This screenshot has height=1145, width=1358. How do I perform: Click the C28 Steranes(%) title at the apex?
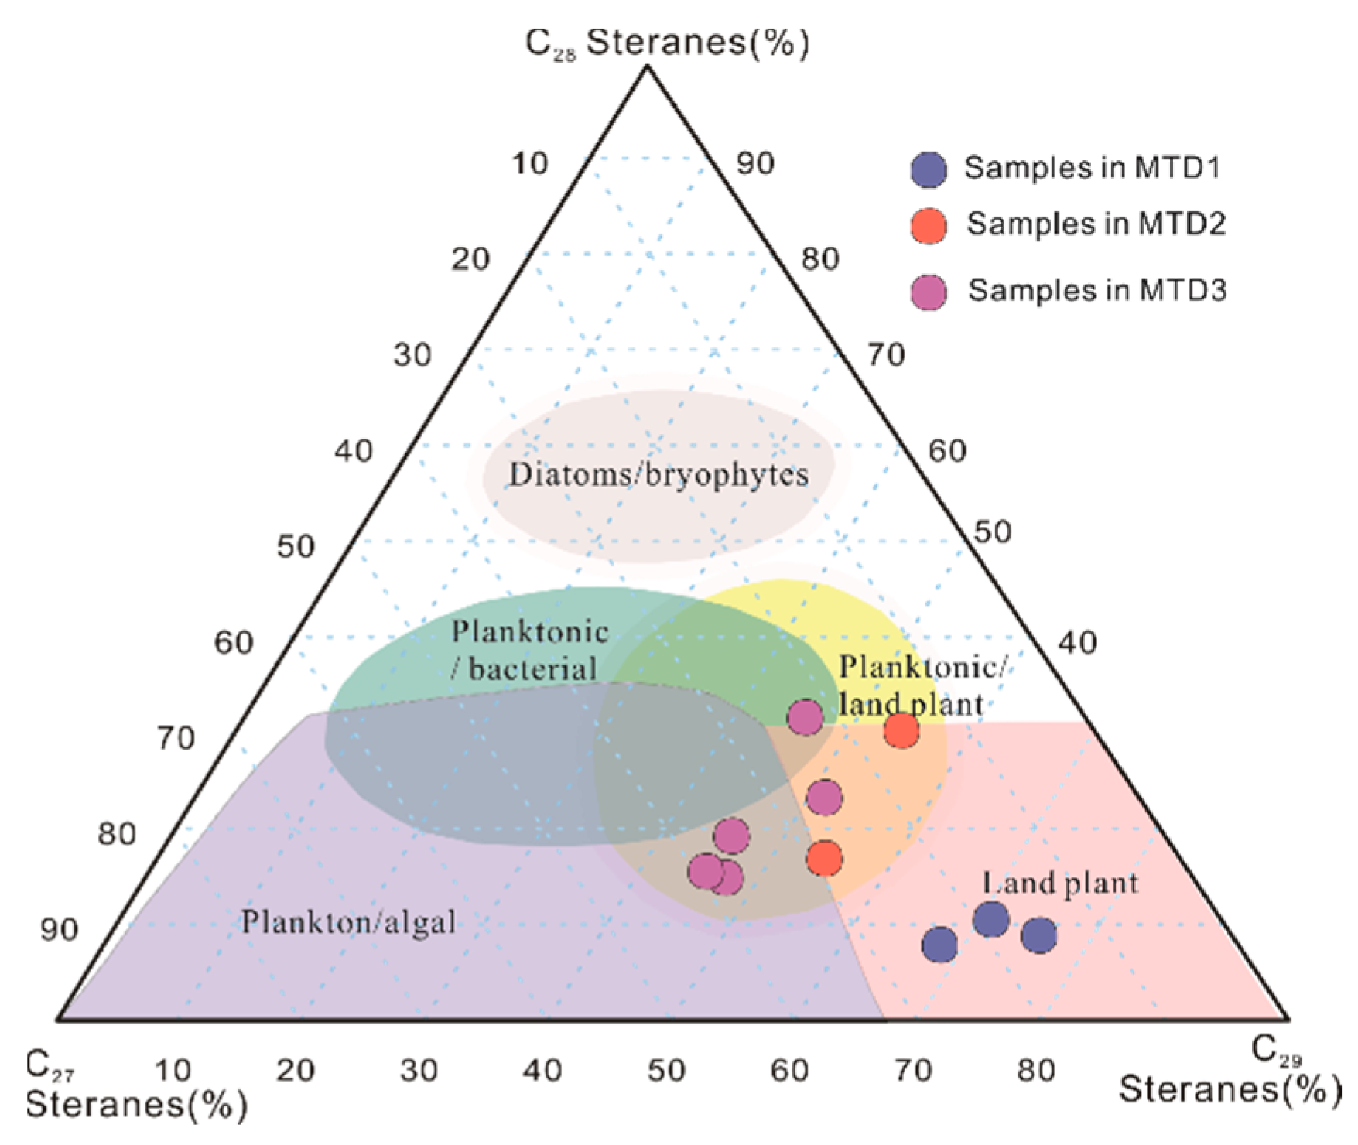[x=667, y=43]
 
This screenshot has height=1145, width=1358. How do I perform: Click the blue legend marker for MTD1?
[x=929, y=169]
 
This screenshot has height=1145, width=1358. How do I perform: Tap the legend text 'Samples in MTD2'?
[x=1096, y=224]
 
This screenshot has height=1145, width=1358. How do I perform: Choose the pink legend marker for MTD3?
[x=929, y=292]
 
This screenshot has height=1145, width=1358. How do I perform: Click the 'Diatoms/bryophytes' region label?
[x=658, y=474]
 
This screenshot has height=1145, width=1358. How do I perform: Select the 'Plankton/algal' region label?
[x=348, y=922]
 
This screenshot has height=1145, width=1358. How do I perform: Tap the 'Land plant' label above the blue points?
[x=1060, y=883]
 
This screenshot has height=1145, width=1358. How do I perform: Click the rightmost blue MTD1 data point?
[x=1039, y=935]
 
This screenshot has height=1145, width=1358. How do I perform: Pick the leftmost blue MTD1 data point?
[x=939, y=945]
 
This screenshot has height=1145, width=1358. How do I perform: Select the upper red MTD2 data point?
[x=901, y=730]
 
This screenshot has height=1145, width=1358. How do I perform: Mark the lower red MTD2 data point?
[x=824, y=858]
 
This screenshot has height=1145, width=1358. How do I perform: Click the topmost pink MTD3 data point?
[x=805, y=716]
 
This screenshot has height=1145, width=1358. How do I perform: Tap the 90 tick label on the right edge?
[x=754, y=163]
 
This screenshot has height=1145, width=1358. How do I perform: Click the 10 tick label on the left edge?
[x=530, y=163]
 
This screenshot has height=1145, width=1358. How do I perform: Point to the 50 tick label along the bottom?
[x=666, y=1070]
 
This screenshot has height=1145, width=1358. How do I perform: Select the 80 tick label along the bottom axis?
[x=1036, y=1070]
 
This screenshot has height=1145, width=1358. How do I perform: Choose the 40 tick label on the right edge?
[x=1077, y=642]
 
